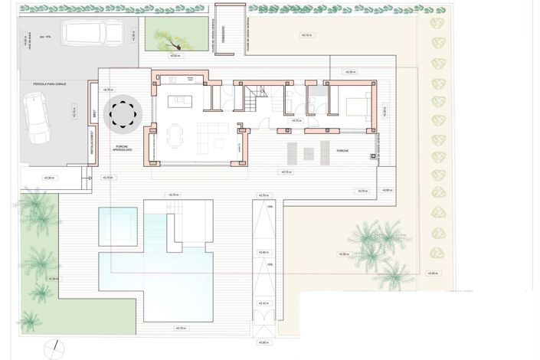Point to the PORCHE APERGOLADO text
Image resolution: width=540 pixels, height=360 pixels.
121,149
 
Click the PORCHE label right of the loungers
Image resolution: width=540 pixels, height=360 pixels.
342,151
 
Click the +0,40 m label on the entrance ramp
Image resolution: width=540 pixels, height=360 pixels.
263,252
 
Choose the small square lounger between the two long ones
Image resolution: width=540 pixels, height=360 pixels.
309,153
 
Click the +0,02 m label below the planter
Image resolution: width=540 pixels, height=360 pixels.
174,56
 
